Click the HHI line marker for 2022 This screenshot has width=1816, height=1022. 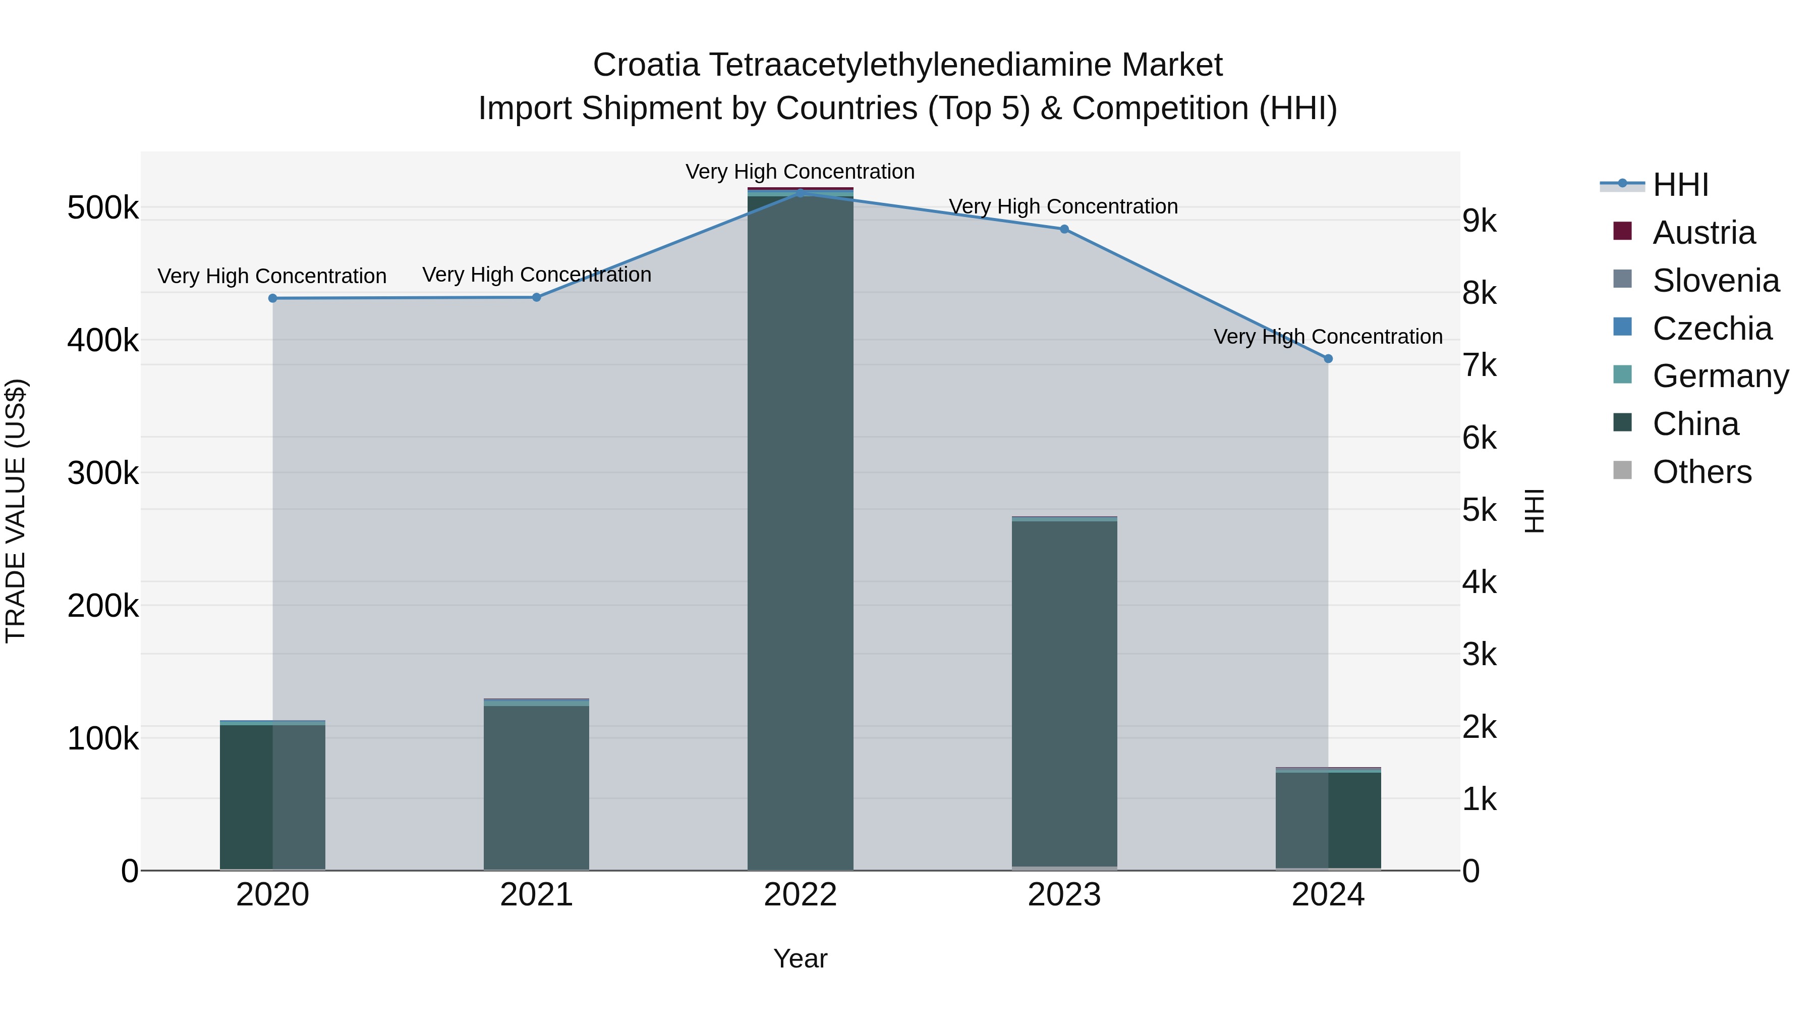coord(800,193)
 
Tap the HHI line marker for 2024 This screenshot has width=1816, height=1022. coord(1328,359)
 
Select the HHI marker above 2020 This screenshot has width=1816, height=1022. coord(273,298)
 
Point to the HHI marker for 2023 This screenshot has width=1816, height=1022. coord(1064,229)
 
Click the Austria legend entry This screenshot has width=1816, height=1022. coord(1702,233)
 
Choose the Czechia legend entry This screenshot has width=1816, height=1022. coord(1711,329)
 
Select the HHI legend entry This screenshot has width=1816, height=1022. coord(1680,185)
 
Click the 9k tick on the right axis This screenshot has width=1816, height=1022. coord(1479,222)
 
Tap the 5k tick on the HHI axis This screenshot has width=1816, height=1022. coord(1479,511)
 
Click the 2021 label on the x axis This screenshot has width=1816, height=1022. coord(537,895)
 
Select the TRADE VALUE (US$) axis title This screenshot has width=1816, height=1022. coord(16,511)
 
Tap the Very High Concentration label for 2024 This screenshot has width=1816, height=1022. coord(1328,337)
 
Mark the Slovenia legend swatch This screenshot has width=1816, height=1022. coord(1622,279)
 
